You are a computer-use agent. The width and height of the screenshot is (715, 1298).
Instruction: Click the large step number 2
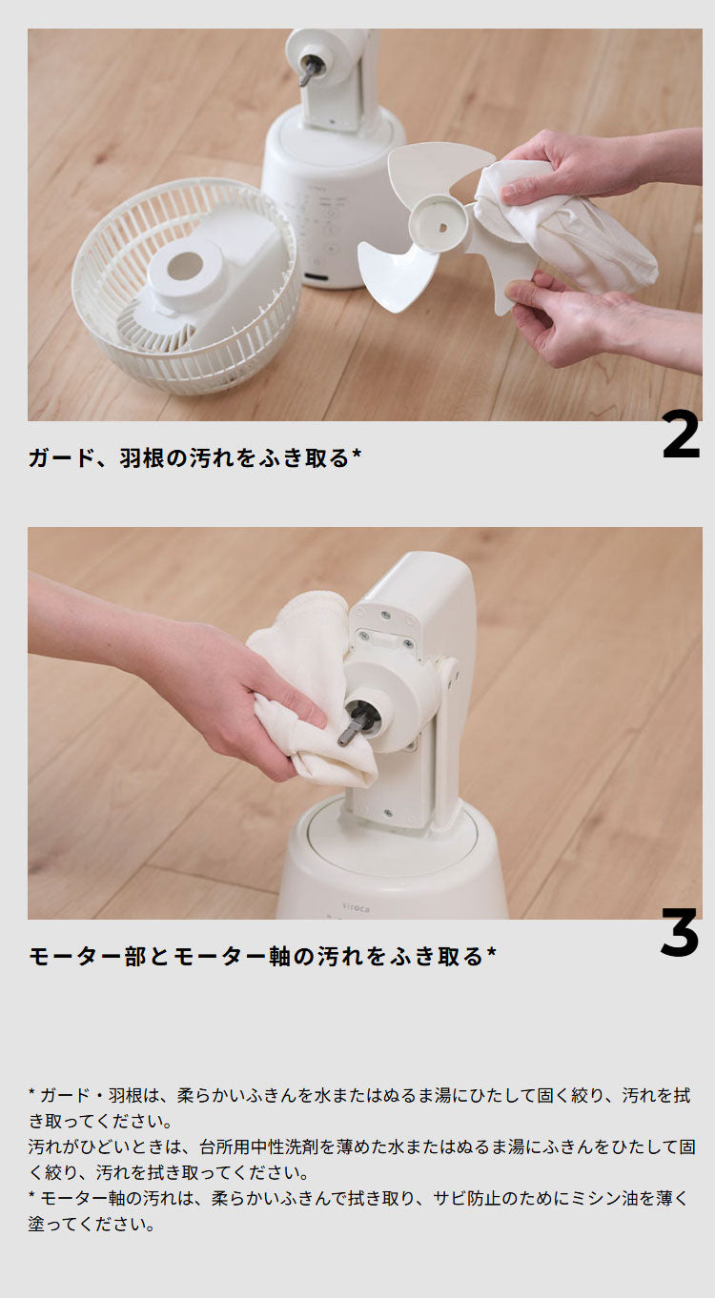pyautogui.click(x=681, y=436)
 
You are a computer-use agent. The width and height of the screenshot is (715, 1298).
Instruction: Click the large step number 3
pyautogui.click(x=680, y=933)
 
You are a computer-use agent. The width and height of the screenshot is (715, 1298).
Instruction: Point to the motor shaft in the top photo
pyautogui.click(x=311, y=69)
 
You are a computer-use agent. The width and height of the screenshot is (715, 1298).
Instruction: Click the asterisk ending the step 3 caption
pyautogui.click(x=491, y=952)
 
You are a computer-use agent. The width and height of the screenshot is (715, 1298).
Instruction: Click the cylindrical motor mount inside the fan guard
pyautogui.click(x=187, y=272)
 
